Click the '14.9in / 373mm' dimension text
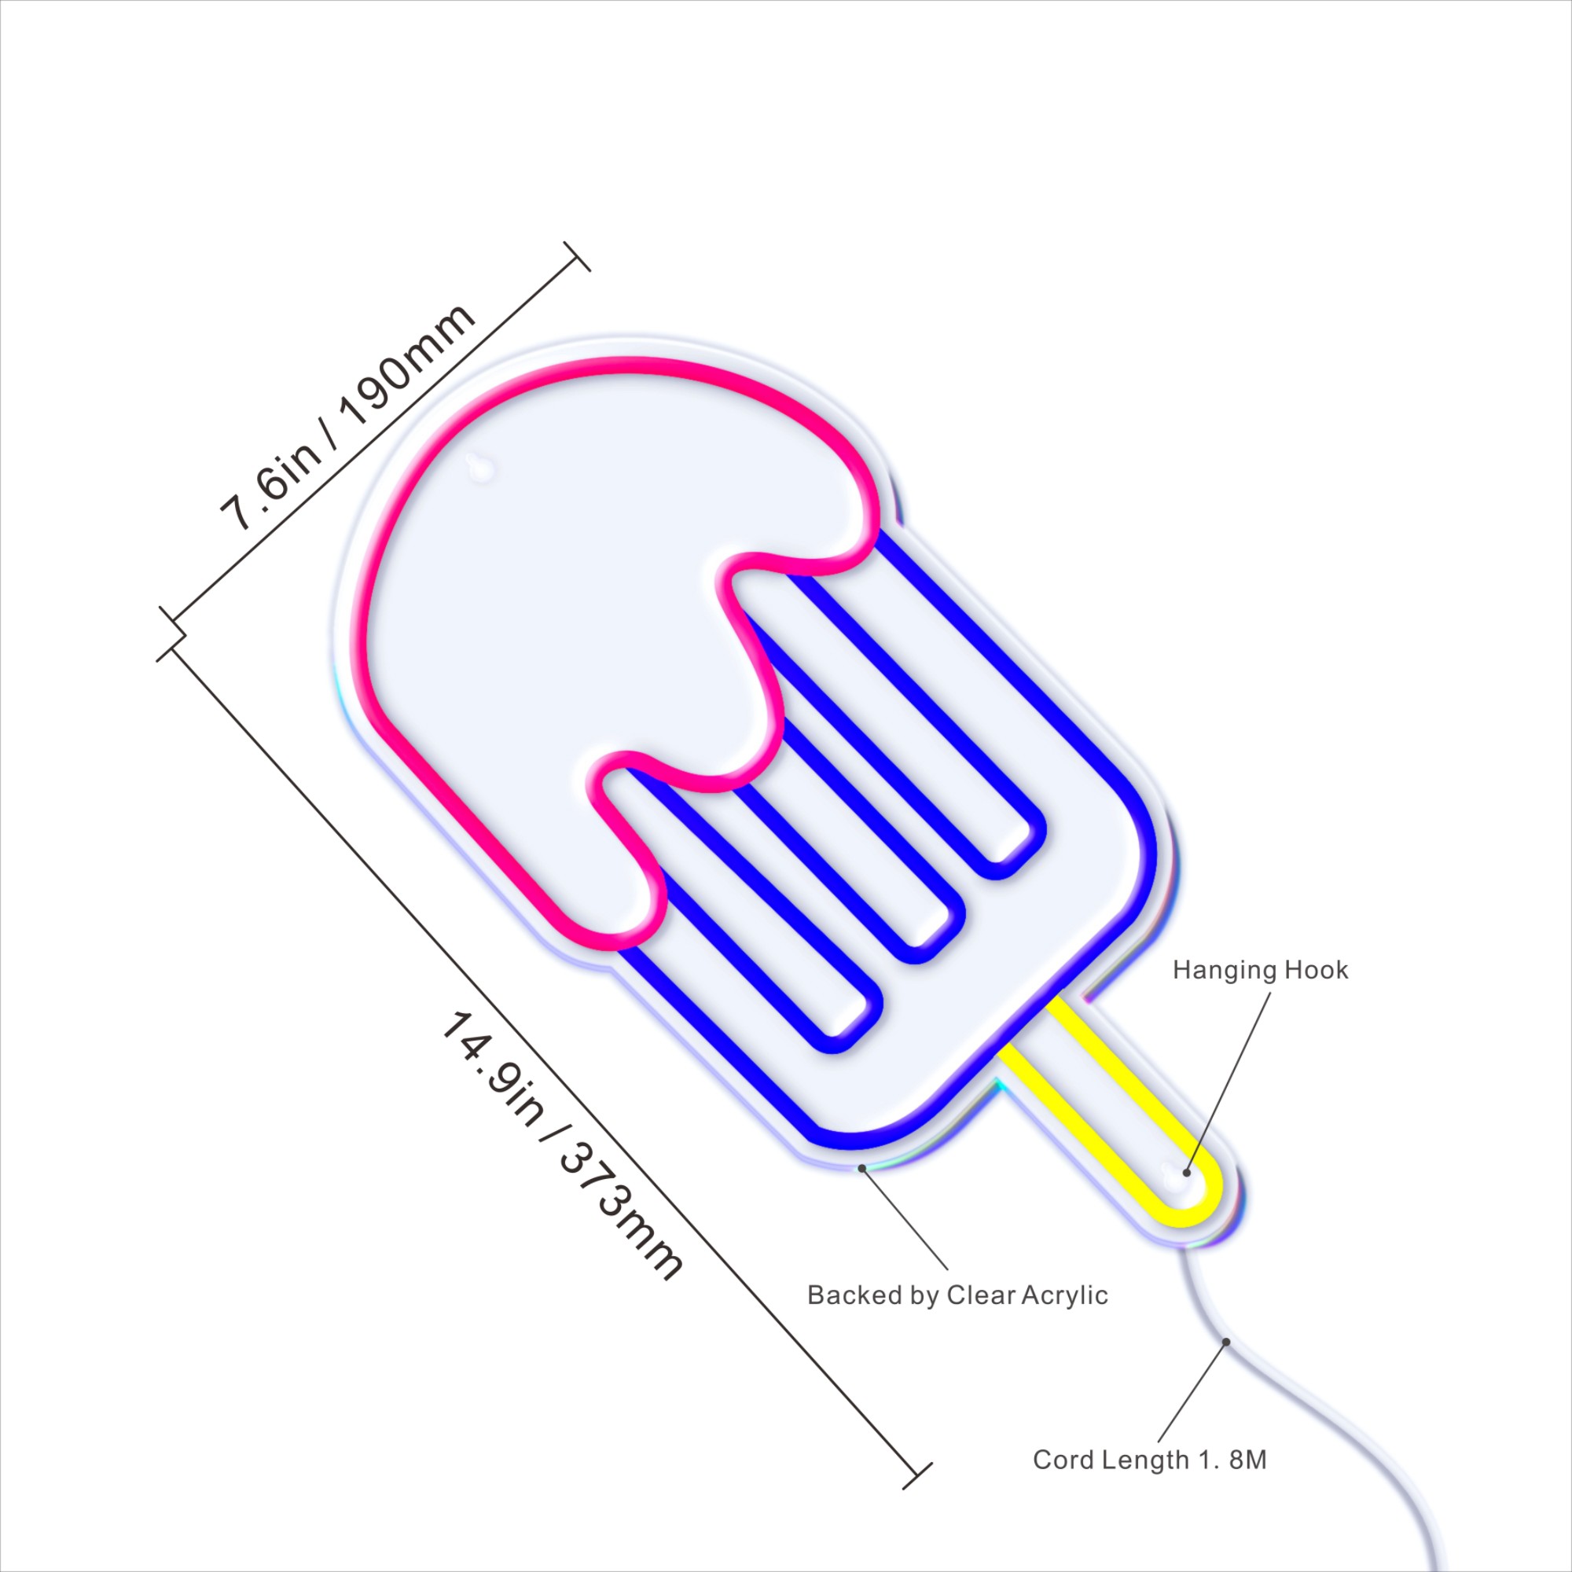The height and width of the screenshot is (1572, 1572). [561, 1146]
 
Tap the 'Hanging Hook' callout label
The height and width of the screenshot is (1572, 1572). [1259, 970]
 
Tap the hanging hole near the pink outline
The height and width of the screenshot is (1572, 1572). [479, 466]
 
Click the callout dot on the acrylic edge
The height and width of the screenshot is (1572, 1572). [861, 1168]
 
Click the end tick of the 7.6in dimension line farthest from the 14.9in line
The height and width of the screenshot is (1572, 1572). [577, 256]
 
